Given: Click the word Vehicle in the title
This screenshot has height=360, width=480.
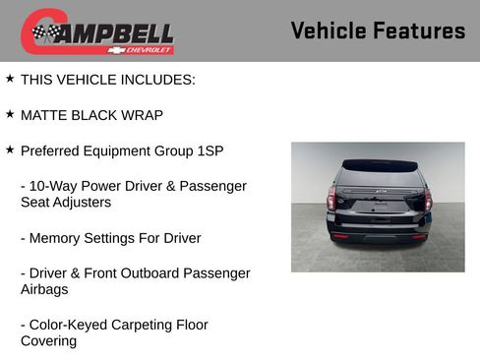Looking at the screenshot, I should [x=328, y=30].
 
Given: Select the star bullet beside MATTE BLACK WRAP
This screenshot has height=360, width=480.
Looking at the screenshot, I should [x=10, y=114].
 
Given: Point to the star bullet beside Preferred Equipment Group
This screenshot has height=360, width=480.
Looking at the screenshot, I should [x=10, y=150].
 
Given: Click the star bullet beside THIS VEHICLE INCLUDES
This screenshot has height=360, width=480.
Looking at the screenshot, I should [x=10, y=79].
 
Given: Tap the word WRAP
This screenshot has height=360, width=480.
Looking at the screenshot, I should [x=142, y=115].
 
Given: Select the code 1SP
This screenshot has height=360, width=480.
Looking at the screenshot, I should [x=210, y=150].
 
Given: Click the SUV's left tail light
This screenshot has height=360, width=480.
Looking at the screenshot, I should [x=331, y=200].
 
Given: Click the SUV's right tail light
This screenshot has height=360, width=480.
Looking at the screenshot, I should [x=427, y=200].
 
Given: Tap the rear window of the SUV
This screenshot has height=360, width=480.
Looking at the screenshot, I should [x=380, y=178].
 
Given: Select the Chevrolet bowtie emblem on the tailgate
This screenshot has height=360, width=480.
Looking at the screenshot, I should [x=380, y=198].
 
